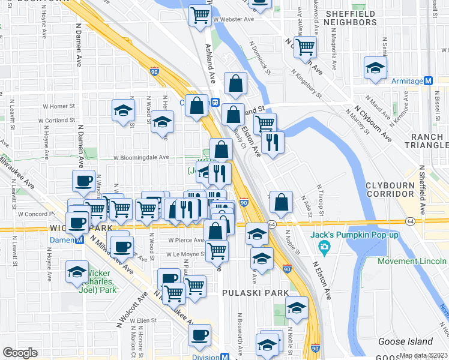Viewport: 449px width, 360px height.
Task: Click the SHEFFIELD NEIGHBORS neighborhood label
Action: click(x=351, y=17)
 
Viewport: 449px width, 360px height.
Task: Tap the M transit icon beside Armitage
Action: click(x=429, y=81)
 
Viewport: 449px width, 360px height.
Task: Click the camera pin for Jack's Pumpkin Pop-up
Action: click(x=324, y=247)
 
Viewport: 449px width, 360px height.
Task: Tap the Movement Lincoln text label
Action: click(x=413, y=260)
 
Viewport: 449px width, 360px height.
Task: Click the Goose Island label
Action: click(x=402, y=341)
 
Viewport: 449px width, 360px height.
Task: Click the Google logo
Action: click(x=20, y=353)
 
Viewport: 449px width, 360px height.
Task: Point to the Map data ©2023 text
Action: click(x=423, y=355)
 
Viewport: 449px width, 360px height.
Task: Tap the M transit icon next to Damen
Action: click(x=79, y=239)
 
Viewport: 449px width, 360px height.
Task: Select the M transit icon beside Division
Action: click(x=224, y=356)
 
